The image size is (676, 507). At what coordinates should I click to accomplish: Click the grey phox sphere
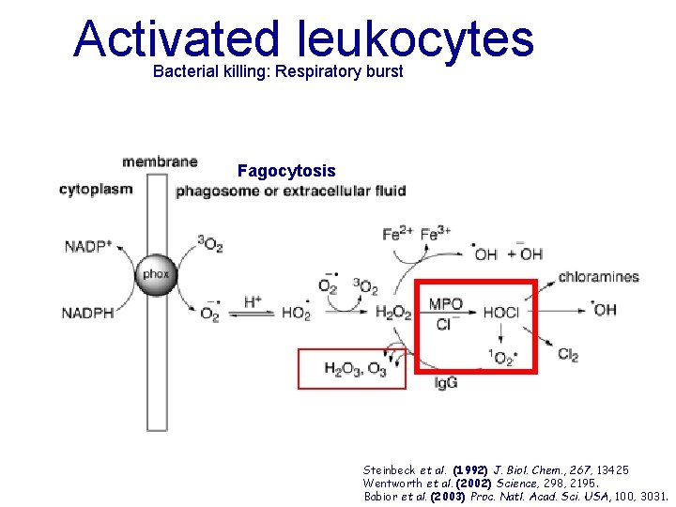click(155, 275)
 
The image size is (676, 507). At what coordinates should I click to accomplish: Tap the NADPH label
click(87, 313)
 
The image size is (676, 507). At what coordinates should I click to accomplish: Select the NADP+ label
click(87, 247)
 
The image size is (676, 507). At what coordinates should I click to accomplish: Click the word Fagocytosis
click(286, 171)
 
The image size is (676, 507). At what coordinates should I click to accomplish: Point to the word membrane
click(160, 161)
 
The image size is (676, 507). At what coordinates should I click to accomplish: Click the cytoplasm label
click(96, 189)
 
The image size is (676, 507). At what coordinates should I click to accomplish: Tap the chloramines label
click(599, 277)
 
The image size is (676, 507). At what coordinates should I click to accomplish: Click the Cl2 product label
click(568, 354)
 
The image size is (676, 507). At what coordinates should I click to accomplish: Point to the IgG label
click(446, 383)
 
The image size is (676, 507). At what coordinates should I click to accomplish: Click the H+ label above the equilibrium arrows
click(253, 301)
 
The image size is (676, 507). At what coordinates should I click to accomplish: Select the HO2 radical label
click(295, 314)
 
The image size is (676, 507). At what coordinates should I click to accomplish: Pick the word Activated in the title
click(177, 38)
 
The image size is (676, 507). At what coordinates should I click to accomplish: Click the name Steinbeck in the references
click(389, 469)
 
